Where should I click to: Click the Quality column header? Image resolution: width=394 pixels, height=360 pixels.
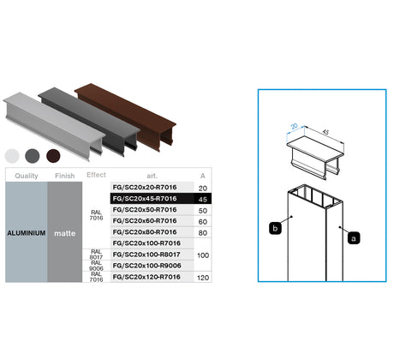click(26, 175)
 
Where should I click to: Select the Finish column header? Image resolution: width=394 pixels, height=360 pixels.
click(64, 175)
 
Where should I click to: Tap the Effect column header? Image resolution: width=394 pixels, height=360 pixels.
click(96, 175)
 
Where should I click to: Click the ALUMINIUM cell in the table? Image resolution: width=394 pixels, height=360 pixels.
click(26, 232)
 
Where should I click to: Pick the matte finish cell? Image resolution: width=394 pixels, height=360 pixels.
click(64, 232)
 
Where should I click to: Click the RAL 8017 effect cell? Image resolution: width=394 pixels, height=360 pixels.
click(96, 255)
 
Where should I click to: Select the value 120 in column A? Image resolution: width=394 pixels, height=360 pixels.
click(202, 278)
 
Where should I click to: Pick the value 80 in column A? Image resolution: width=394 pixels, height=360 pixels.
click(202, 232)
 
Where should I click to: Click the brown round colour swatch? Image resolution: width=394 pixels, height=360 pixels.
click(54, 155)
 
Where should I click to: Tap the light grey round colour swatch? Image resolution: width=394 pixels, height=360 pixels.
click(12, 155)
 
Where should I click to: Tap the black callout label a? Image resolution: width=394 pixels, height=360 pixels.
click(353, 239)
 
